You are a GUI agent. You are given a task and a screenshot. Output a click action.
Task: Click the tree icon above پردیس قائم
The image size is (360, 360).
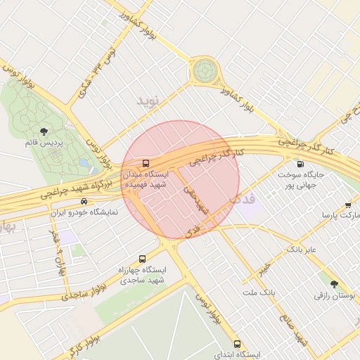click(x=44, y=131)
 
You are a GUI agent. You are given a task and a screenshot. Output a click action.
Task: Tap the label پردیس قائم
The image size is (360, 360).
click(x=44, y=143)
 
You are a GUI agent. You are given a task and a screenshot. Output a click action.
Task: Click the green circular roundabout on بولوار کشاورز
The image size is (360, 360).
click(x=205, y=70)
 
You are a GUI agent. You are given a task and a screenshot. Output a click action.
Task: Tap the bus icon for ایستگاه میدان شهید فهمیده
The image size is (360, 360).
click(x=146, y=163)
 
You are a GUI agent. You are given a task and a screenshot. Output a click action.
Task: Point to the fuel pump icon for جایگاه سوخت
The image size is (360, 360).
click(x=301, y=163)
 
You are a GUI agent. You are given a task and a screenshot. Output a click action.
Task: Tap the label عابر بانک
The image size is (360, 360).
click(x=302, y=250)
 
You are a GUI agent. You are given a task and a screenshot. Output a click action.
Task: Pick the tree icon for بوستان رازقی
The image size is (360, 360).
click(x=334, y=284)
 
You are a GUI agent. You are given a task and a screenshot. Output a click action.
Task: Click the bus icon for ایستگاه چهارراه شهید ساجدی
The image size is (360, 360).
click(x=143, y=259)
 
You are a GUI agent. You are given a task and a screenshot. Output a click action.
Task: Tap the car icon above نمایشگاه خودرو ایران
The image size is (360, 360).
click(x=84, y=201)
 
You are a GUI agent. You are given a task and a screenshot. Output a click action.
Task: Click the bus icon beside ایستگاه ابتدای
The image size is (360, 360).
click(x=237, y=345)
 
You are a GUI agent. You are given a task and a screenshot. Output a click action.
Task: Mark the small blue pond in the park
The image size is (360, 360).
click(x=84, y=163)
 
